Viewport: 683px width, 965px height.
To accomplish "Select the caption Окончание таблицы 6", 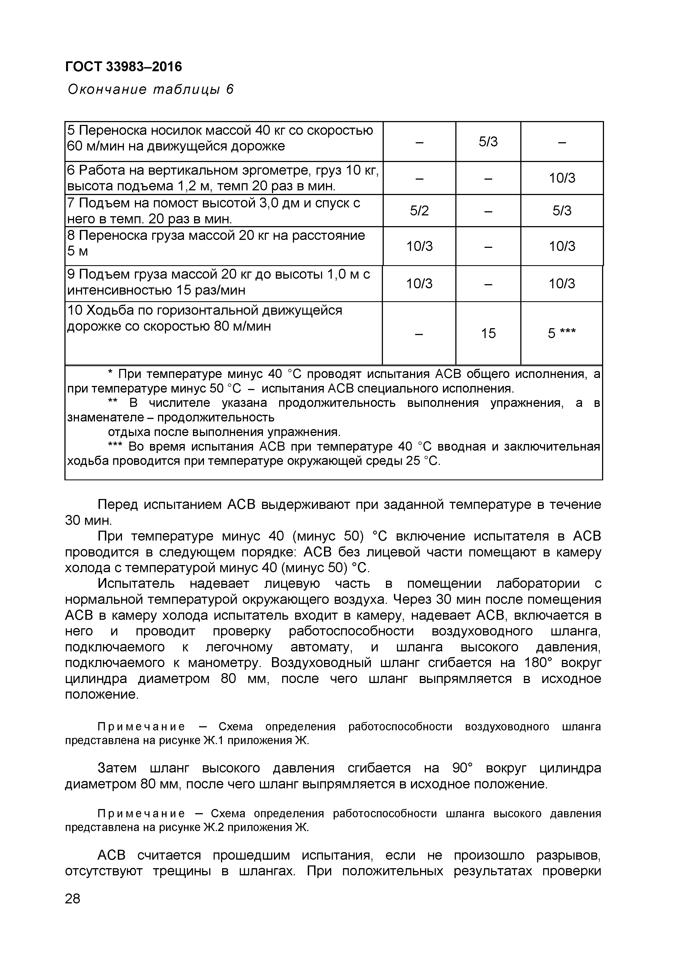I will (x=150, y=89).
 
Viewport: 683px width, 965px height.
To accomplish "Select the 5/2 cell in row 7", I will (x=419, y=210).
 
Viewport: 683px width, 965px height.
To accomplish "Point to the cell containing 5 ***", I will (x=561, y=333).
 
